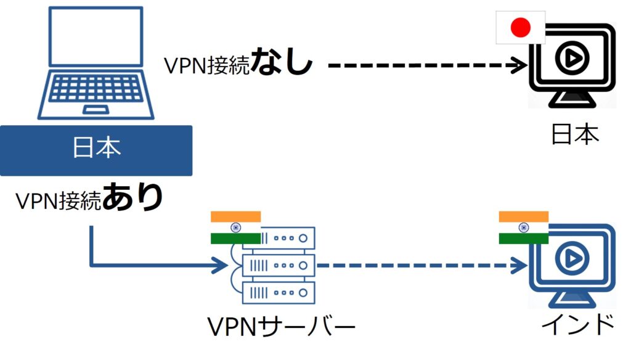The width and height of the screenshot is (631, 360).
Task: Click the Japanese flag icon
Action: pyautogui.click(x=521, y=27)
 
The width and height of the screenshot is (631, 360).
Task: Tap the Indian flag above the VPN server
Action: pyautogui.click(x=235, y=227)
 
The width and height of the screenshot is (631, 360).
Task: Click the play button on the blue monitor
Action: pyautogui.click(x=569, y=260)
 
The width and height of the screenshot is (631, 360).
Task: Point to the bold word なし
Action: pyautogui.click(x=282, y=63)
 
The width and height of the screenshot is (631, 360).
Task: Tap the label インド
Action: pyautogui.click(x=576, y=325)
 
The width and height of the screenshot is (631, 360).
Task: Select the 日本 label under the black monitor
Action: pyautogui.click(x=574, y=134)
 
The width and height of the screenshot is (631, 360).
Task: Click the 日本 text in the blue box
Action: pyautogui.click(x=96, y=148)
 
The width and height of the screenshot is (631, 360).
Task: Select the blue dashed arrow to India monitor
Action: pyautogui.click(x=419, y=266)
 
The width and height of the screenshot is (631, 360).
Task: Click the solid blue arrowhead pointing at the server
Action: pyautogui.click(x=219, y=266)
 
